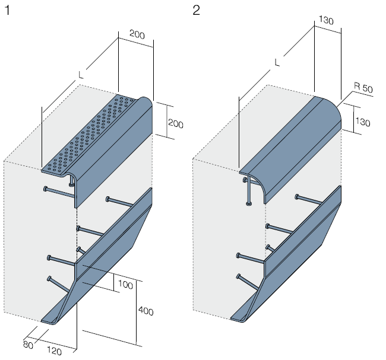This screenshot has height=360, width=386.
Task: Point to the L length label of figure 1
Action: [81, 75]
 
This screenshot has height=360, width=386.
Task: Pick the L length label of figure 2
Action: [277, 62]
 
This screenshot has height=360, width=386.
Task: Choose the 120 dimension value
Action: [55, 351]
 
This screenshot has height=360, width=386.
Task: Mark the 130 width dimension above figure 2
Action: [327, 21]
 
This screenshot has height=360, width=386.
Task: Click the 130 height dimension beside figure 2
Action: [363, 123]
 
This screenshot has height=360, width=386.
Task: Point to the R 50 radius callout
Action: [363, 88]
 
